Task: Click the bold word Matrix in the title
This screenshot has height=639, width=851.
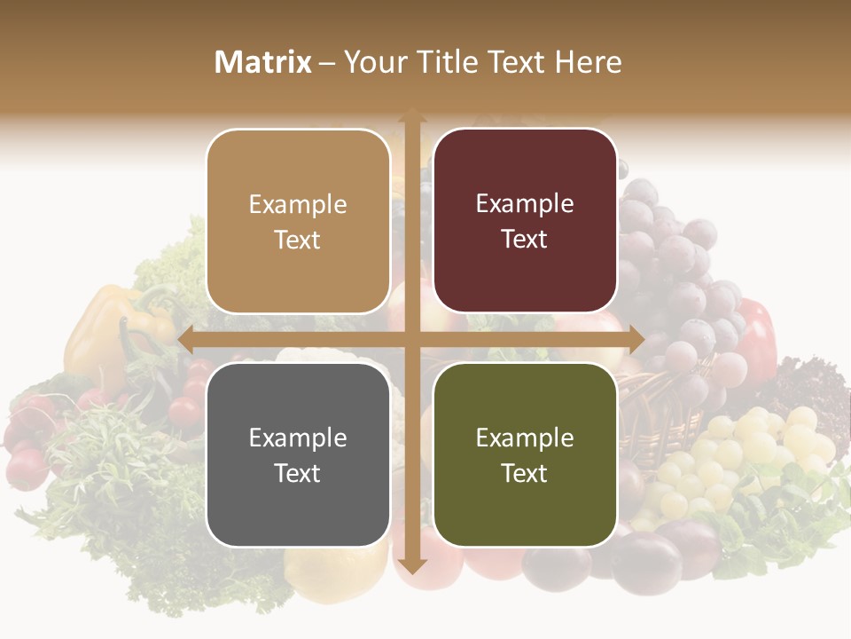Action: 263,62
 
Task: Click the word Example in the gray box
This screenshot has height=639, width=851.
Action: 298,438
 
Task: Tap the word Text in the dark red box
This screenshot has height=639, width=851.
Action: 525,240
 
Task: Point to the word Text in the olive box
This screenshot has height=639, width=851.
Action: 525,473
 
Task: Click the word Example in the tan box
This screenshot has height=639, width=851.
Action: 298,204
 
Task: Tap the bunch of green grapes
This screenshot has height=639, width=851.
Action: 745,453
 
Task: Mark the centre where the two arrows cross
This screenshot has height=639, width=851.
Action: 411,339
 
